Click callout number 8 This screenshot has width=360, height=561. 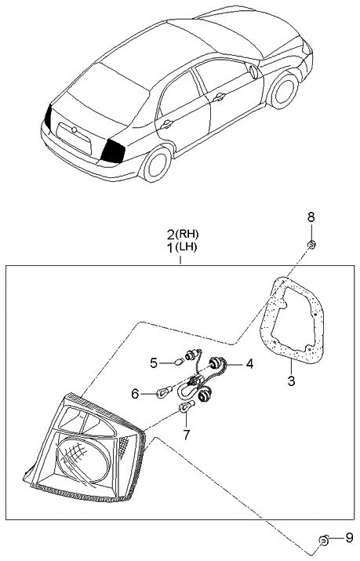point(311,217)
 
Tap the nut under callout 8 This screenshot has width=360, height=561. point(311,245)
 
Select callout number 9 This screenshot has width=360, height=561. point(349,538)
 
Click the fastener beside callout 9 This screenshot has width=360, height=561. point(323,541)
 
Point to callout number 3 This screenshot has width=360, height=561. point(291,381)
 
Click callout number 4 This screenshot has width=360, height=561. point(249,364)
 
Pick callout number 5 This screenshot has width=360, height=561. point(154,363)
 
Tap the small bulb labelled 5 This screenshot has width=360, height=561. point(179,362)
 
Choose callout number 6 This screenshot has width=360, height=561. point(135,394)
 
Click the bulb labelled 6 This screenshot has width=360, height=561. point(165,391)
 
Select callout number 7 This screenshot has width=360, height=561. point(186,435)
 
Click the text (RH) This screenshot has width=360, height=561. point(187,235)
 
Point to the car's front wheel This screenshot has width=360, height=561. point(284,91)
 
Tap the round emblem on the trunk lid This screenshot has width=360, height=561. point(74,130)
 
